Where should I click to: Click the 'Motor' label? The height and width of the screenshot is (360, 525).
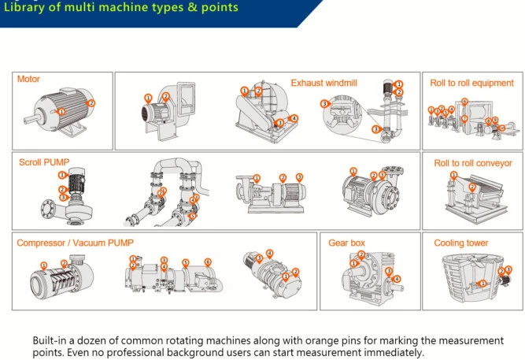[28, 80]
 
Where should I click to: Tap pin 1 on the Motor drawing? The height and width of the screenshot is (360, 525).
[61, 112]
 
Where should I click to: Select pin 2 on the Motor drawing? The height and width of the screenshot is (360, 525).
[91, 102]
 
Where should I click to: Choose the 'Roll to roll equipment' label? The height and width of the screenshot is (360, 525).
[471, 83]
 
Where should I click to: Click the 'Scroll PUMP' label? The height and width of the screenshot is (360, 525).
[45, 163]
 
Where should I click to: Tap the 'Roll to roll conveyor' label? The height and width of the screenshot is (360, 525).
[473, 163]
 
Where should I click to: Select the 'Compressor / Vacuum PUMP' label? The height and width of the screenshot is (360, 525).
[70, 243]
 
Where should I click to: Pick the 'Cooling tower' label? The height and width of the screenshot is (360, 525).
[461, 243]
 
